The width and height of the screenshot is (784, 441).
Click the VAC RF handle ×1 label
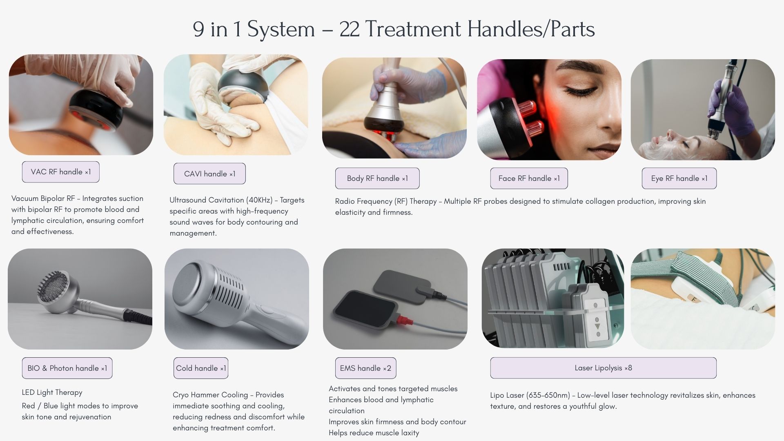(x=60, y=172)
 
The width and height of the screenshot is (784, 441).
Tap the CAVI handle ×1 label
(x=209, y=174)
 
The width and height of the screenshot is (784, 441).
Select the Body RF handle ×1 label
(x=377, y=178)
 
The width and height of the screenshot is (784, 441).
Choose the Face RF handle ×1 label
(x=529, y=178)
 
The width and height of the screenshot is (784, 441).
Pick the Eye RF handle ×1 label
(x=679, y=178)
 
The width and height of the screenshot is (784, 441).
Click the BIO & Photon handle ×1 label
(x=67, y=368)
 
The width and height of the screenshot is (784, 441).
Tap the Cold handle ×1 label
(x=201, y=368)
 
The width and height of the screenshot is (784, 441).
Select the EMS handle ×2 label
(x=365, y=368)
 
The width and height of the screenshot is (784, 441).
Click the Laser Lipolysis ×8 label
(x=603, y=368)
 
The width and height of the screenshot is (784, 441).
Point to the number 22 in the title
(x=349, y=29)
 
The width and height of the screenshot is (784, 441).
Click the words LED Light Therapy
(x=52, y=392)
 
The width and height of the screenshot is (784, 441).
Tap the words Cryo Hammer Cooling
(x=210, y=395)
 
